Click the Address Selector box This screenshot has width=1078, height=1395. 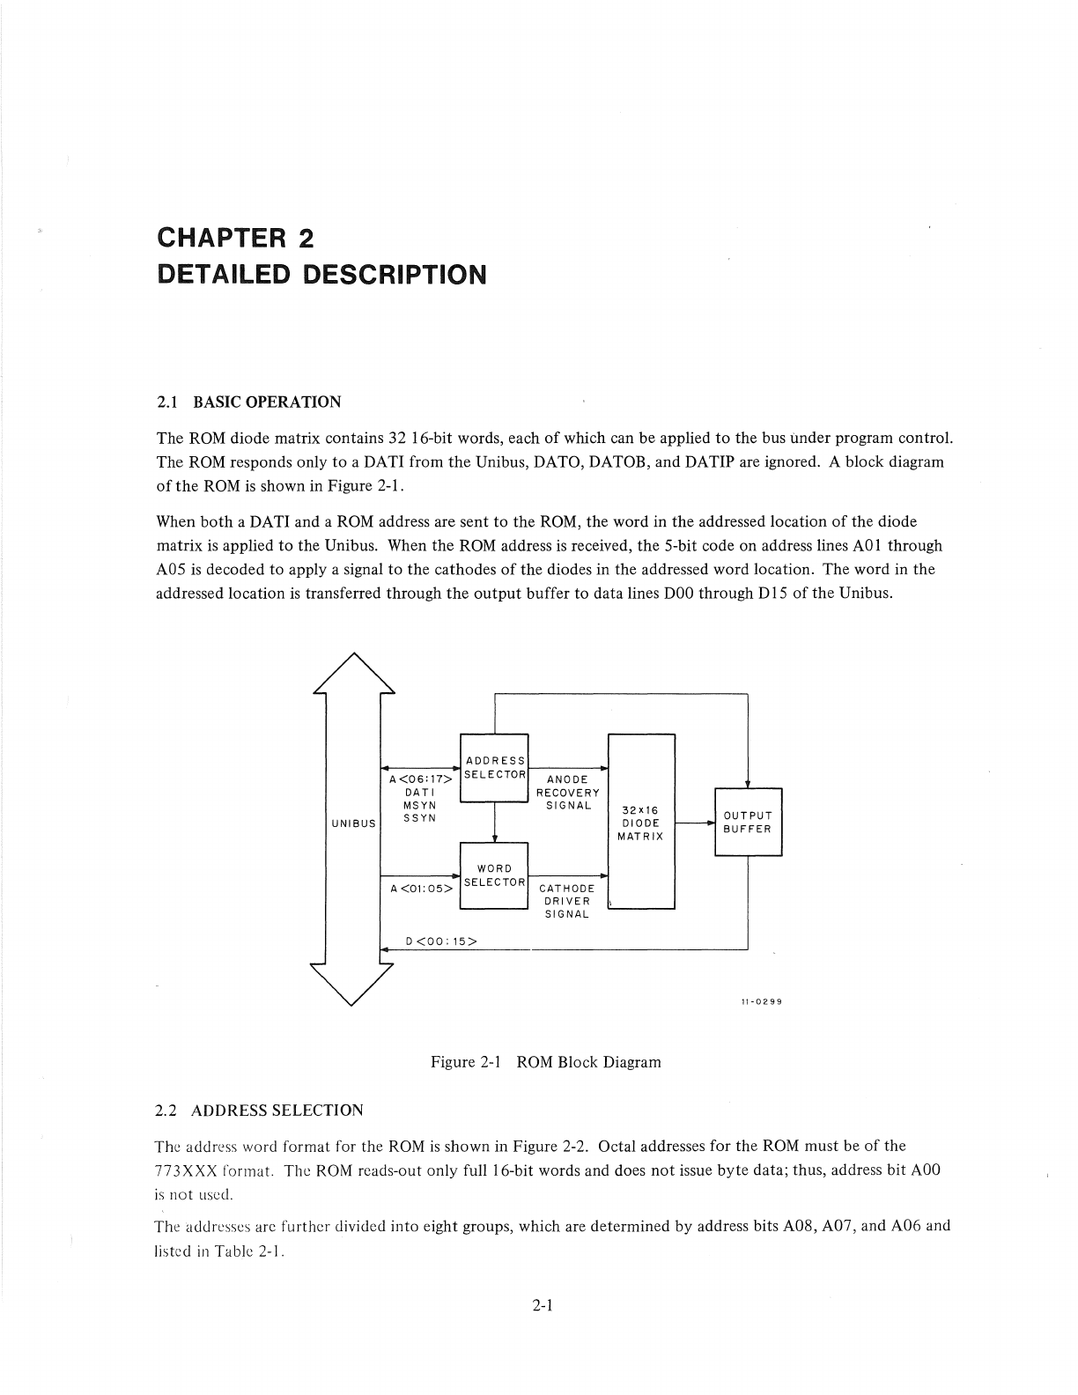494,767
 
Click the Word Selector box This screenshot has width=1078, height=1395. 494,875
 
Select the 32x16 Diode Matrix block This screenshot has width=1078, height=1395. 641,821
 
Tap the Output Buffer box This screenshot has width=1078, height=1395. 748,822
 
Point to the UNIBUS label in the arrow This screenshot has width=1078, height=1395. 353,823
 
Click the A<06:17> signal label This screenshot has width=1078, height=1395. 421,779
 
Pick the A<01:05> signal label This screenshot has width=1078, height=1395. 421,888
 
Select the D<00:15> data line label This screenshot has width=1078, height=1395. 441,941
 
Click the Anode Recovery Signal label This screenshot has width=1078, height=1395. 568,792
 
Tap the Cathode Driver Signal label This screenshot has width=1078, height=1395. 566,901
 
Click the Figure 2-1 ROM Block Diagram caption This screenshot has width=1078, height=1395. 545,1062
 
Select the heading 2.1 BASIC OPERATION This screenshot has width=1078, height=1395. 248,402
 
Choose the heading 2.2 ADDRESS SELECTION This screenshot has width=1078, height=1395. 259,1110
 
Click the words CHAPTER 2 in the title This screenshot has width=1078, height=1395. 235,238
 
